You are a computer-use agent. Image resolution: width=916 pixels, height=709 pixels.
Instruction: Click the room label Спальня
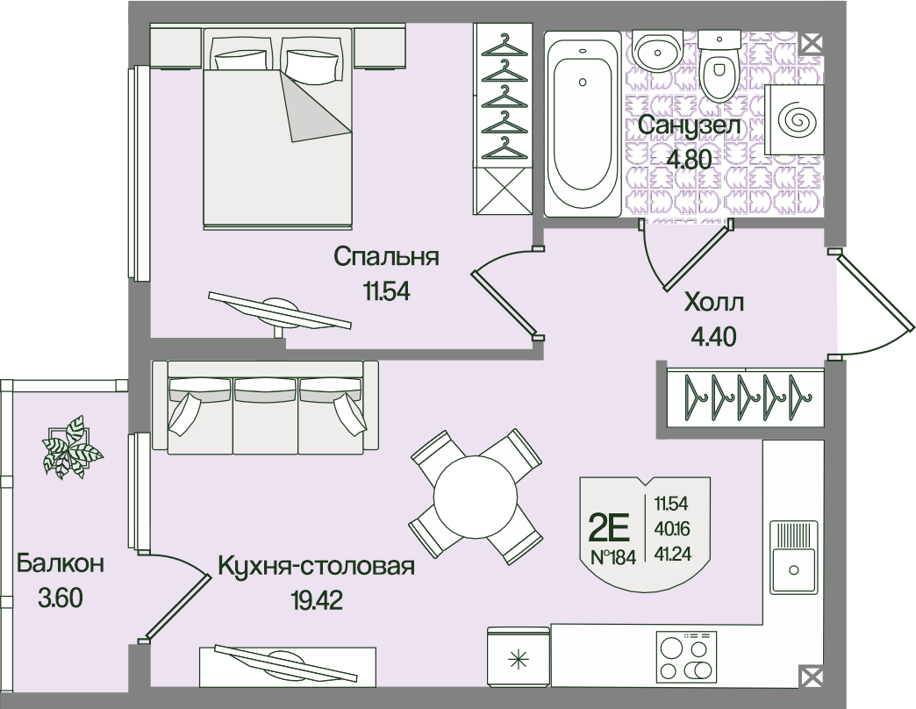click(x=386, y=257)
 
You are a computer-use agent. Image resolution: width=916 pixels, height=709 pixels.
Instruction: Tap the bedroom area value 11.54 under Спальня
click(x=386, y=291)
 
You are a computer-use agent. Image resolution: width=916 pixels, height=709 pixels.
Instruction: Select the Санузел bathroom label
click(x=690, y=126)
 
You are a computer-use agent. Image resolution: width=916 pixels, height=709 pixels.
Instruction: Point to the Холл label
click(x=713, y=304)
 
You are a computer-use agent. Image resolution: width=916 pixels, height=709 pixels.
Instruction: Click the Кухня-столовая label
click(x=315, y=566)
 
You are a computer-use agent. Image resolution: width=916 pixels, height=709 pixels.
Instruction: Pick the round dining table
click(x=475, y=496)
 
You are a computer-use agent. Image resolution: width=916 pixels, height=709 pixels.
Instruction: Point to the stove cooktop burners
click(x=685, y=657)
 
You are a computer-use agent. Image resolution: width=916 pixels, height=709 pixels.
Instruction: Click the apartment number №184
click(x=613, y=557)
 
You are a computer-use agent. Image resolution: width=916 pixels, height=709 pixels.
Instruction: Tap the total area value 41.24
click(x=671, y=554)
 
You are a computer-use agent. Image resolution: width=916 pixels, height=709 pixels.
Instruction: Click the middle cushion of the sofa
click(x=265, y=412)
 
